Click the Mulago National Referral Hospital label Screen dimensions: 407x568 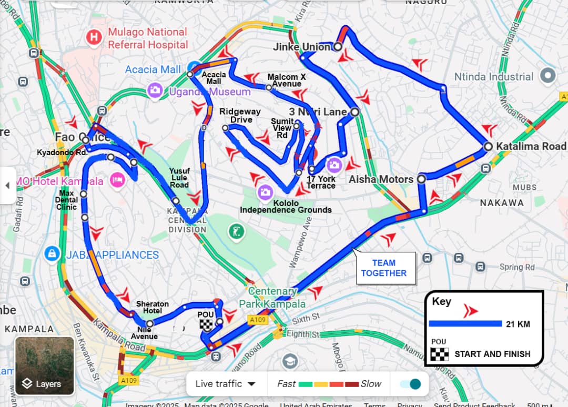[147, 38]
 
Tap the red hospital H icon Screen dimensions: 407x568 [94, 37]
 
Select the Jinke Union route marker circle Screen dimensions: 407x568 [338, 47]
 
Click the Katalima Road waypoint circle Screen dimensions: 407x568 [488, 146]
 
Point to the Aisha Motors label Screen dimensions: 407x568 [381, 179]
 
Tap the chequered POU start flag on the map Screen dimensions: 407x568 [207, 325]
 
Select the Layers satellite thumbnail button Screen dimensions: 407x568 [45, 366]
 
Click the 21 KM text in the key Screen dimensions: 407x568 [518, 324]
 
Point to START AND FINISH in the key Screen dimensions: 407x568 [492, 354]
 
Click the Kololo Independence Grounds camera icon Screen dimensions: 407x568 [265, 192]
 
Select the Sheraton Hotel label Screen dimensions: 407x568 [153, 307]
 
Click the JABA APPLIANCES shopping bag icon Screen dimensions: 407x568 [51, 255]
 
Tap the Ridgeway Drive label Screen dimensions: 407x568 [240, 116]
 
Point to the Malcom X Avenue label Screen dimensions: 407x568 [286, 80]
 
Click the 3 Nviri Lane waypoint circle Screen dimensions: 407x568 [355, 112]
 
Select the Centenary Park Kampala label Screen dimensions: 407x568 [272, 297]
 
